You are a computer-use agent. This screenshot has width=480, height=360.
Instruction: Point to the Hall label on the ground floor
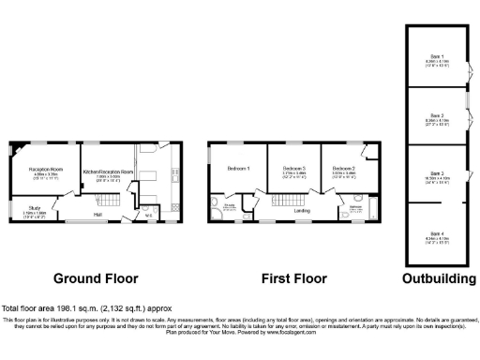(x=97, y=215)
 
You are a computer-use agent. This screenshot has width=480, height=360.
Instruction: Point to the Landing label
(x=302, y=211)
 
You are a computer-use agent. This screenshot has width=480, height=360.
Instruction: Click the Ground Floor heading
(x=96, y=278)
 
